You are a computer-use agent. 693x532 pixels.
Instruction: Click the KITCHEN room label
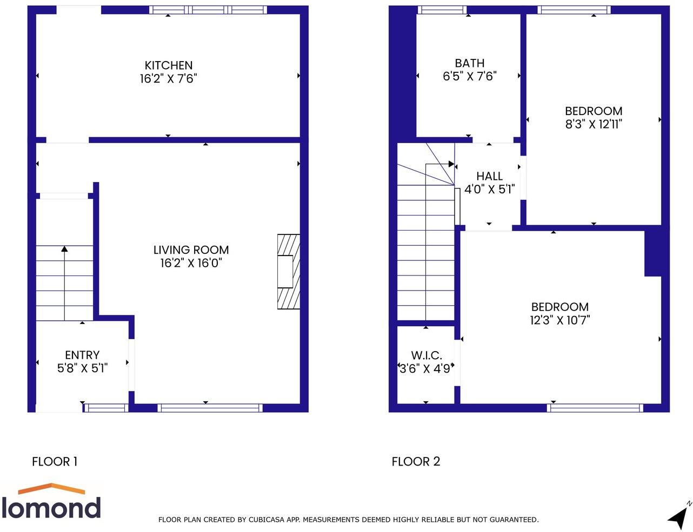168,65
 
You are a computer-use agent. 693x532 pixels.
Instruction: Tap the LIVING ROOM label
191,250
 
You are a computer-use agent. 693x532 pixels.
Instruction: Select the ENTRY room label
82,355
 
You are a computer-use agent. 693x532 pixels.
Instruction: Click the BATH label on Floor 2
469,63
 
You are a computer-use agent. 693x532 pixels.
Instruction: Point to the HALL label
489,176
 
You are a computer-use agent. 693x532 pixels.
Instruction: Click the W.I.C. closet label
426,355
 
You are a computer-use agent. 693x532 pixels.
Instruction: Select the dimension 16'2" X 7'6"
168,79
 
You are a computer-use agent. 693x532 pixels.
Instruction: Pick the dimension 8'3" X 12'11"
594,124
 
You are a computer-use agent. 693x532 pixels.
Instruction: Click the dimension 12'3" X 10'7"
559,320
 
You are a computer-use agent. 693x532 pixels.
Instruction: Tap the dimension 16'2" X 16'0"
191,264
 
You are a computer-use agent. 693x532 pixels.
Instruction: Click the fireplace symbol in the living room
288,272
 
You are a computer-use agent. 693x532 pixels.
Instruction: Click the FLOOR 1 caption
55,462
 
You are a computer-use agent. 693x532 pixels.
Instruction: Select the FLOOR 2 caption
416,462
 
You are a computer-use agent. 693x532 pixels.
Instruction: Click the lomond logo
51,502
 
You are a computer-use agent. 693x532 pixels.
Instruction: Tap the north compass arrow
678,517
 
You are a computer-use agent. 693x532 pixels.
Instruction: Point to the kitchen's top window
208,10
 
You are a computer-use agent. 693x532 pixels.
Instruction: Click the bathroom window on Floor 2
442,10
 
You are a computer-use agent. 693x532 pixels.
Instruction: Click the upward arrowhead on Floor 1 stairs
64,249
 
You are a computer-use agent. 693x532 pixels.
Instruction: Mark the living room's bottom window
210,408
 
